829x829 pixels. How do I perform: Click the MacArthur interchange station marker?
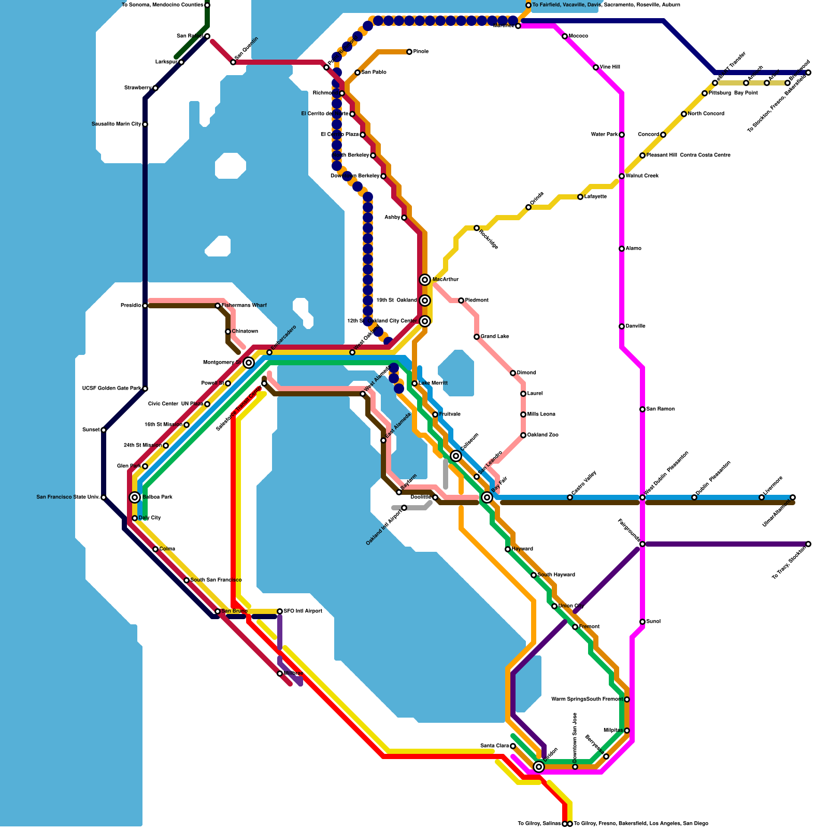pos(425,280)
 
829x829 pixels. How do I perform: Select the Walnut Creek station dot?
pos(622,176)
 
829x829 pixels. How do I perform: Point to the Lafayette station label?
pos(595,197)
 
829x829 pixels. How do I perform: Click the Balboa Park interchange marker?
pos(135,497)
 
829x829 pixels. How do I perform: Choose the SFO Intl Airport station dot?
pos(280,611)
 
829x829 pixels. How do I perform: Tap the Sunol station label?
pos(653,622)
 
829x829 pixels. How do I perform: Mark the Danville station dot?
pos(622,326)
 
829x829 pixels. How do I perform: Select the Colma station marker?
pos(155,549)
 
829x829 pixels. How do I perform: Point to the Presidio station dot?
pos(145,306)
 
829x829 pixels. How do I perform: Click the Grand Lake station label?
pos(495,337)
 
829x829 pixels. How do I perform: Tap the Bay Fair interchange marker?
pos(487,497)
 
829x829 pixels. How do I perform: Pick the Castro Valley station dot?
pos(570,497)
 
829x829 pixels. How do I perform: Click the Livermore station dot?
pos(762,497)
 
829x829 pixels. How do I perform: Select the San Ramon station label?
pos(661,409)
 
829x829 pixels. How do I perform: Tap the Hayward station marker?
pos(508,549)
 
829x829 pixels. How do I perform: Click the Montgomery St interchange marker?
pos(249,363)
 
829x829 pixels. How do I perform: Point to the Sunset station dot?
pos(104,430)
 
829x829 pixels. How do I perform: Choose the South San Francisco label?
pos(216,580)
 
